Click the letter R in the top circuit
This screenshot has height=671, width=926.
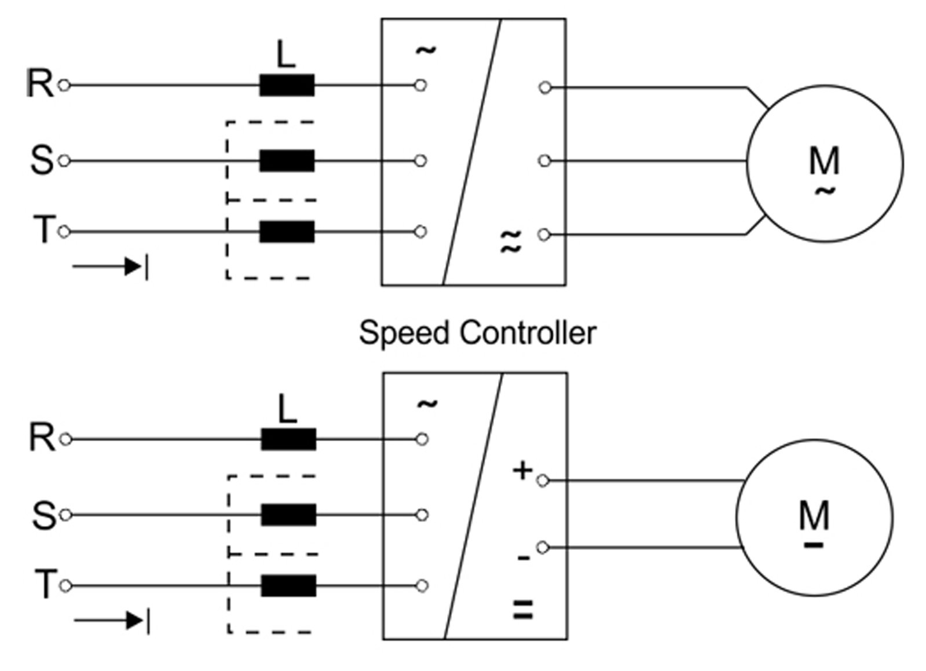tap(39, 84)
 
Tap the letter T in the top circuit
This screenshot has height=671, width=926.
tap(44, 230)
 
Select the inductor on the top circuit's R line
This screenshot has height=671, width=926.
tap(287, 86)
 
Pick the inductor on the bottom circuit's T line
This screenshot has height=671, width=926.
tap(288, 586)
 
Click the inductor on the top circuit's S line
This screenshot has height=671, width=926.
tap(287, 161)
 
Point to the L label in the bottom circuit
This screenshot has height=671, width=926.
tap(287, 410)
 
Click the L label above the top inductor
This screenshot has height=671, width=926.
tap(286, 56)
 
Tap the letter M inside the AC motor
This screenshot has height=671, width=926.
tap(824, 160)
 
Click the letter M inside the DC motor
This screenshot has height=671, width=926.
tap(814, 515)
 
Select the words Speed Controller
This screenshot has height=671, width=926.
tap(477, 333)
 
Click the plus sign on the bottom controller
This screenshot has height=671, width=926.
tap(522, 471)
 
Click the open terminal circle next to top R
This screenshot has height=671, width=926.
tap(64, 86)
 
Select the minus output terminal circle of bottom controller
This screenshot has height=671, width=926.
tap(543, 547)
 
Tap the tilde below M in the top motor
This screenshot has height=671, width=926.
tap(825, 190)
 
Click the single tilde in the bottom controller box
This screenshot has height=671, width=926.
tap(427, 404)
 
